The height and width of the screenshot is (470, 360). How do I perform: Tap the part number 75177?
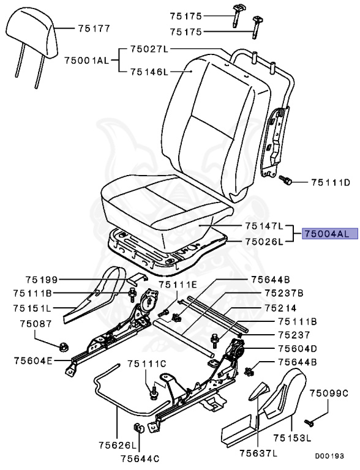pos(93,28)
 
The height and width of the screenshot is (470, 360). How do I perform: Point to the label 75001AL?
pos(86,60)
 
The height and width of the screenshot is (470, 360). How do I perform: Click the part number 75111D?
pos(330,182)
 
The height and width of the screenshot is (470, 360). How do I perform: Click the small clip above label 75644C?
pos(138,427)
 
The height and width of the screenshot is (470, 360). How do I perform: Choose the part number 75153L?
pos(291,438)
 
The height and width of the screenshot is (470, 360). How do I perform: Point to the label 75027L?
pos(148,48)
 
